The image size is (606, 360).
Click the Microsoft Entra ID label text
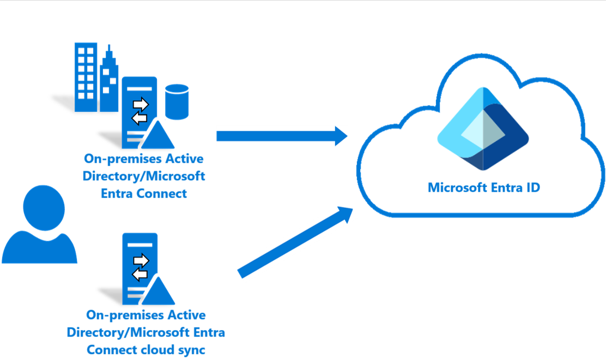483,188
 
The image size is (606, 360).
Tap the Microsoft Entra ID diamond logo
483,129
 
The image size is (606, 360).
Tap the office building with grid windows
86,78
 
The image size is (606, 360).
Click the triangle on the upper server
157,136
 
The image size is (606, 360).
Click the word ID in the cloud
530,188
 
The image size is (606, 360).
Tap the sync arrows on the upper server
141,111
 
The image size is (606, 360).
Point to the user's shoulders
39,248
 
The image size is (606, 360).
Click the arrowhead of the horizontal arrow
340,136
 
